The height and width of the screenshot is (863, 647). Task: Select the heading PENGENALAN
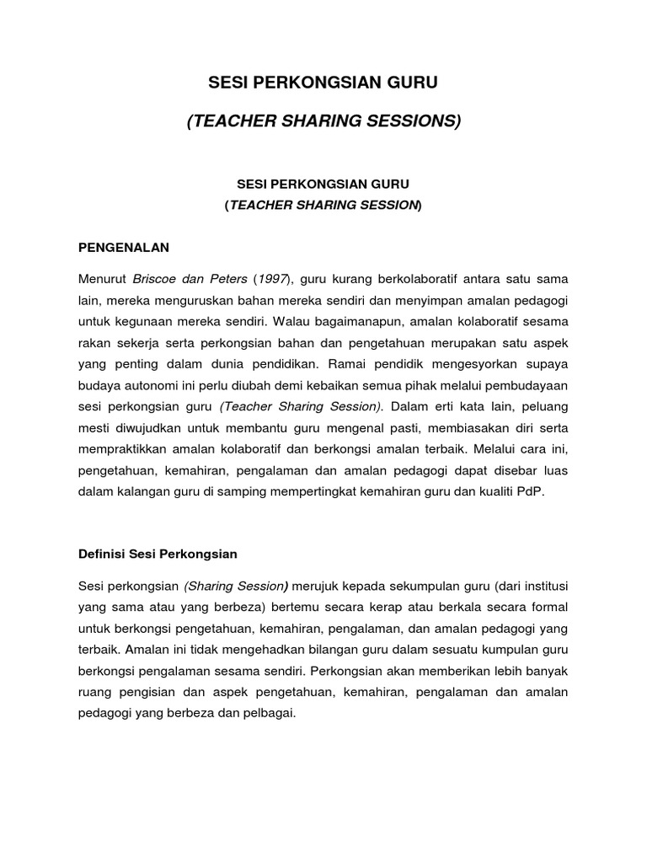click(x=124, y=247)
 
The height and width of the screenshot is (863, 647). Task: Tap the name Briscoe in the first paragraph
click(x=157, y=278)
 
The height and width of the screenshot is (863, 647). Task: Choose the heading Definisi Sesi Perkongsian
click(x=158, y=554)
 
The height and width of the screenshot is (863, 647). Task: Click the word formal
click(x=550, y=607)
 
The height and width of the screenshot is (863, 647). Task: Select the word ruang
click(x=94, y=692)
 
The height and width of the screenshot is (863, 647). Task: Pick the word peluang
click(x=543, y=406)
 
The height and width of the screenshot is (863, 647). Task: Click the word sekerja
click(x=140, y=342)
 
